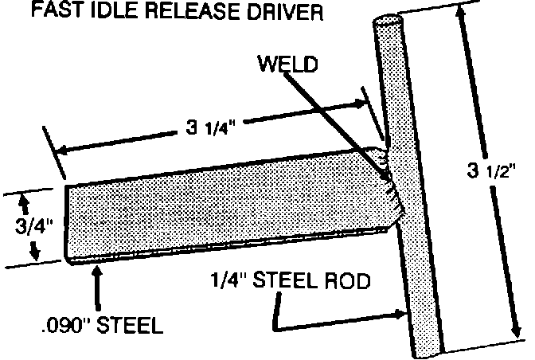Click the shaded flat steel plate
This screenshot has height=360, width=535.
223,199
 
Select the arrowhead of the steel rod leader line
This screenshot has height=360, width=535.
402,316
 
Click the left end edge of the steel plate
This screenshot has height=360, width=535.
66,223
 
